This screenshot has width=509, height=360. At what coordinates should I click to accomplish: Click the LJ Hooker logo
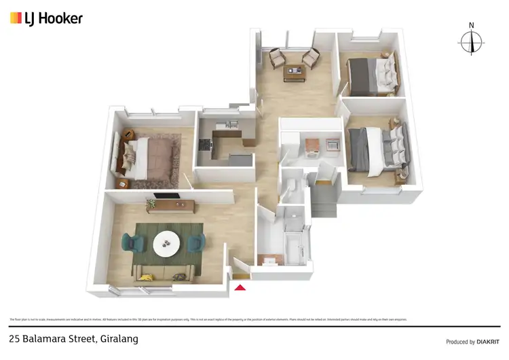[x=46, y=18]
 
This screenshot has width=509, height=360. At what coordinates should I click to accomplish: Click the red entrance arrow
[x=240, y=288]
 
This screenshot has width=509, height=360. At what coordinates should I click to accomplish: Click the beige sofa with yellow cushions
[x=164, y=273]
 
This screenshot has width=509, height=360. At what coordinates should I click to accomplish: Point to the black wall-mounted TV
[x=166, y=197]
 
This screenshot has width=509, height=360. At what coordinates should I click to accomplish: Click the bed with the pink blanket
[x=151, y=155]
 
